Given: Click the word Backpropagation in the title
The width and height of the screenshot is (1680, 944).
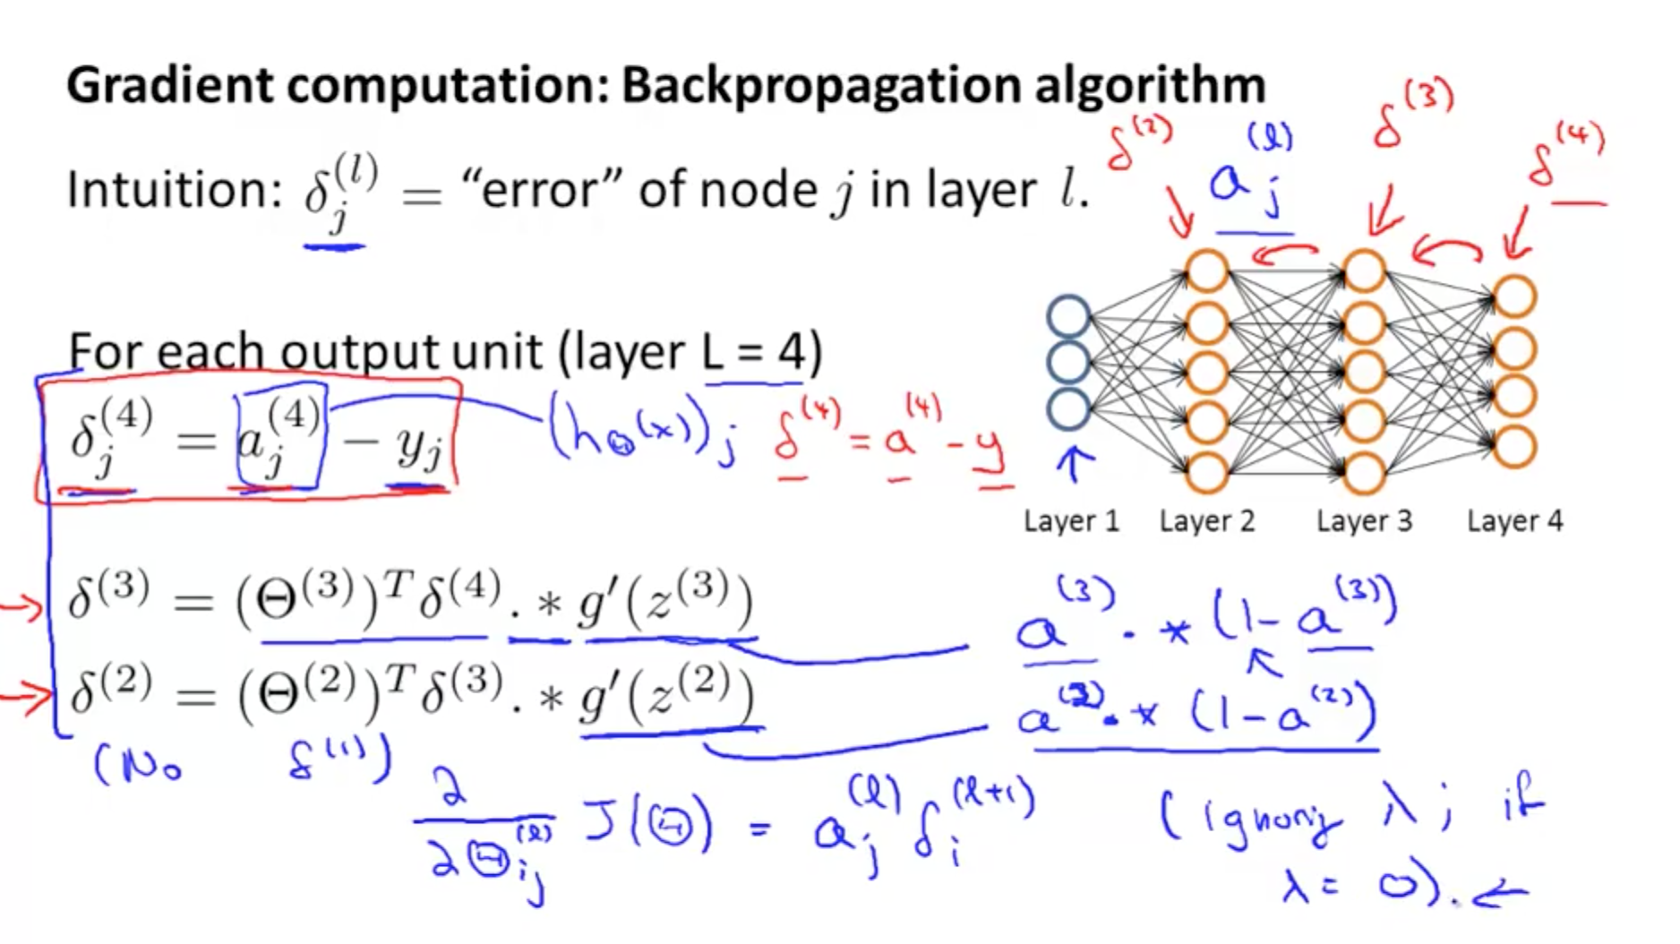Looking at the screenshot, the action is tap(821, 87).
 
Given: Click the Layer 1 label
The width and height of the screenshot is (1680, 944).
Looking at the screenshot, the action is tap(1071, 520).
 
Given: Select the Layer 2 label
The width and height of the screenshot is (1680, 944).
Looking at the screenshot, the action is tap(1206, 520).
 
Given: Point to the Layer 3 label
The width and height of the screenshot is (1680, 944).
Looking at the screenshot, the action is tap(1363, 520).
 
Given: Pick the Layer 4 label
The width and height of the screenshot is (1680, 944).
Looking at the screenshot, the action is tap(1514, 520).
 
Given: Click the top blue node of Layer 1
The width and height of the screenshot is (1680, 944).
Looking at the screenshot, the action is tap(1068, 316).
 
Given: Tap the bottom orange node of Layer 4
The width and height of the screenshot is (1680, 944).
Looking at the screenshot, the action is tap(1514, 446).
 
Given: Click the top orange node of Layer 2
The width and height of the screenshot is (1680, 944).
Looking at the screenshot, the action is tap(1206, 270).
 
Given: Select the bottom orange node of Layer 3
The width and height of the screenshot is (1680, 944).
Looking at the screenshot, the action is tap(1363, 472).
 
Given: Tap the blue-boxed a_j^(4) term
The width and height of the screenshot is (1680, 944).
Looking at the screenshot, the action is tap(280, 437).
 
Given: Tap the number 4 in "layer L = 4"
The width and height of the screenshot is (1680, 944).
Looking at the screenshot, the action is tap(791, 351).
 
